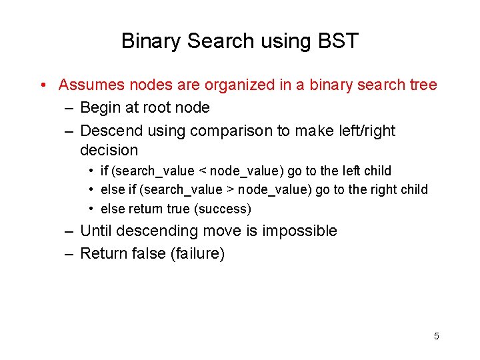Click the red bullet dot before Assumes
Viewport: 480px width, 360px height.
click(42, 85)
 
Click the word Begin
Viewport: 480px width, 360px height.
click(100, 108)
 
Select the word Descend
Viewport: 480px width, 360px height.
click(109, 131)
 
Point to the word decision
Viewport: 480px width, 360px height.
click(109, 151)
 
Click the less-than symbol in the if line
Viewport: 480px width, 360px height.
click(203, 171)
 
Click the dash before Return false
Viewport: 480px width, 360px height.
click(69, 254)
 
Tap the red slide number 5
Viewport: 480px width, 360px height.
click(437, 336)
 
